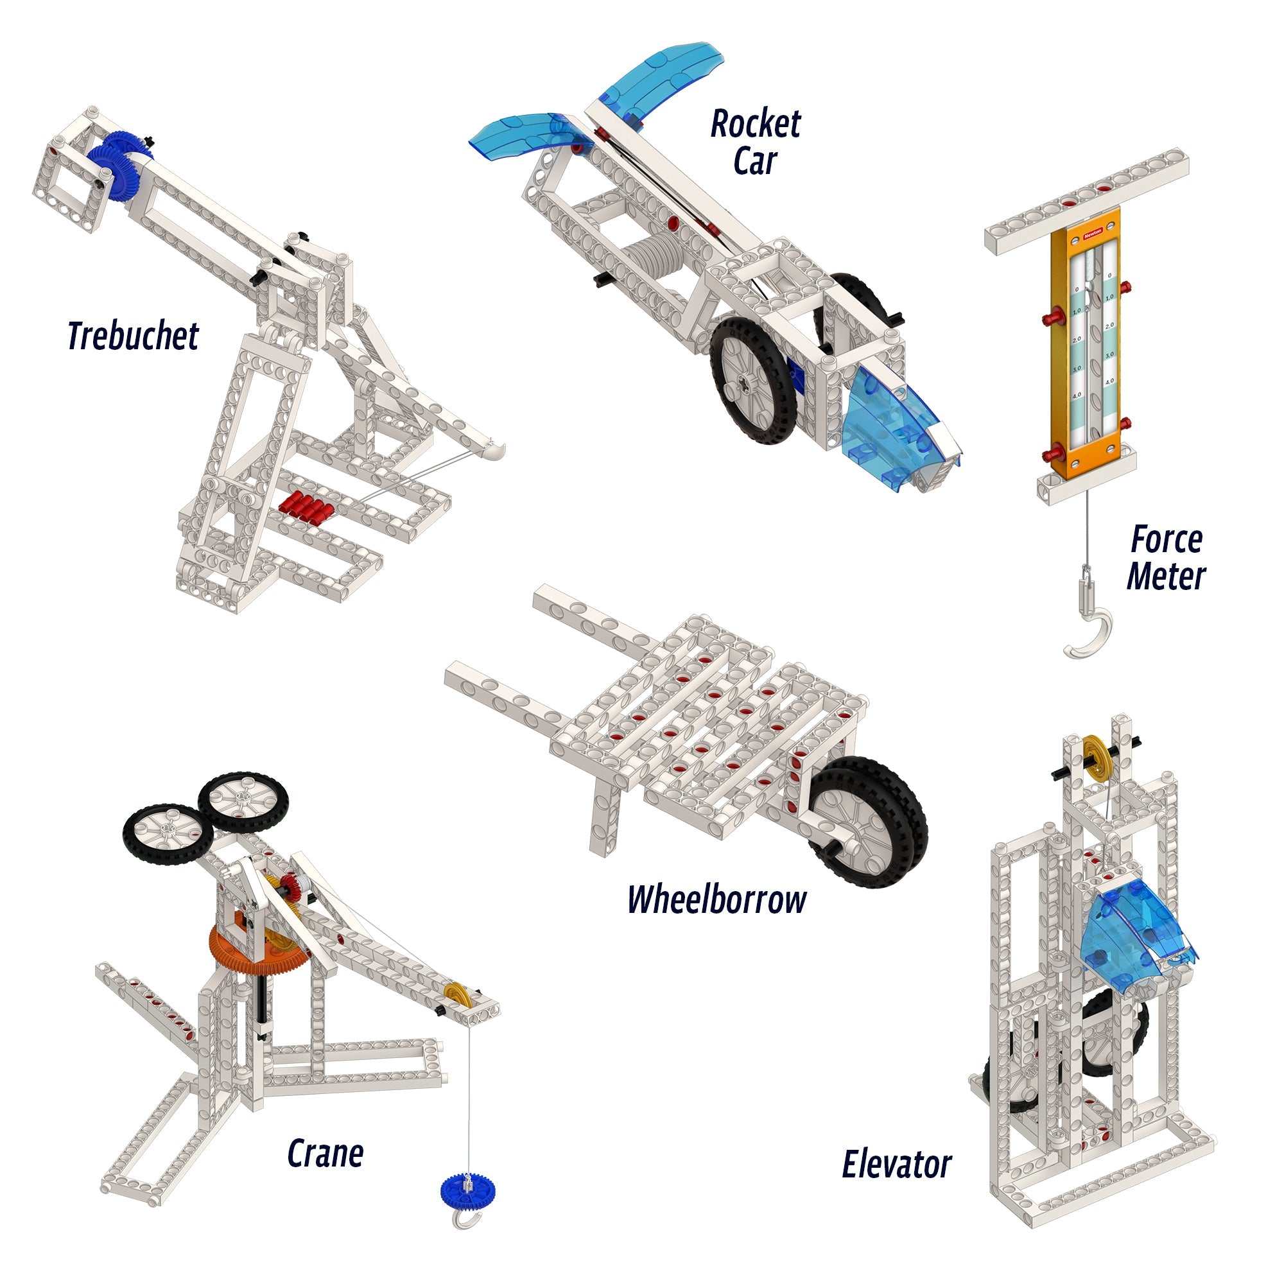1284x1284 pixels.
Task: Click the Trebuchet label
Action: (x=133, y=336)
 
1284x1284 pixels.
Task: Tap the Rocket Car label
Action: (x=756, y=143)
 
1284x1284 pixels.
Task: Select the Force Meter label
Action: (x=1167, y=558)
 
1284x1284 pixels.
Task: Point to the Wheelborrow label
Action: (x=717, y=900)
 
